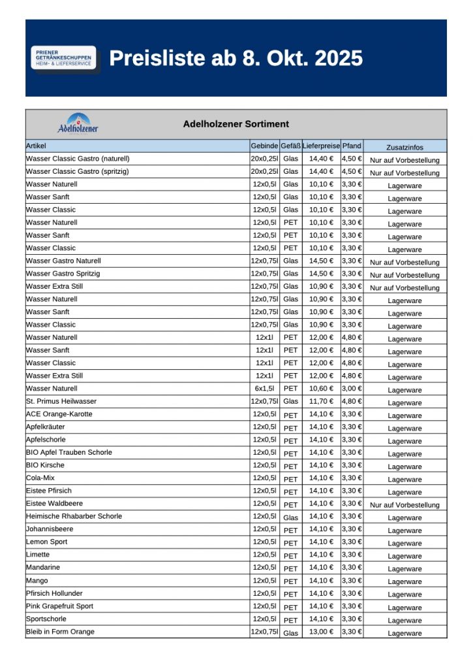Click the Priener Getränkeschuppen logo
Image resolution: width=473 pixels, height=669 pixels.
[64, 58]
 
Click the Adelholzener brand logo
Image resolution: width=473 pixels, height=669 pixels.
[78, 123]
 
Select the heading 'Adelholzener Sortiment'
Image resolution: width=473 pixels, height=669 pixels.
[236, 124]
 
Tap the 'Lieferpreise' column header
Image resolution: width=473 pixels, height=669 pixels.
[321, 146]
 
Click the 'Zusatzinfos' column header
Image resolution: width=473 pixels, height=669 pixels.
[404, 147]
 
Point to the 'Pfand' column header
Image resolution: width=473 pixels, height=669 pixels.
[352, 146]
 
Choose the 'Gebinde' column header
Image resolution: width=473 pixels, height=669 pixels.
[264, 146]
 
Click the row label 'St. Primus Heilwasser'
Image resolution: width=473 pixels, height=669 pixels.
[61, 401]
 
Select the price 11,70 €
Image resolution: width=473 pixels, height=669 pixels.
[321, 401]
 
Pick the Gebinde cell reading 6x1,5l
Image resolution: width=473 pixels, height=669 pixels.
[264, 389]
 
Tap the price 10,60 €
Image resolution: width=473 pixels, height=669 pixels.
[321, 389]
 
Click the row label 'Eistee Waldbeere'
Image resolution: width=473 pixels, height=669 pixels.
[54, 504]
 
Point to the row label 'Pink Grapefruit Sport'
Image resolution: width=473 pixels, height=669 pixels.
[59, 606]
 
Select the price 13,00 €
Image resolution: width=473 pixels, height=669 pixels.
[321, 632]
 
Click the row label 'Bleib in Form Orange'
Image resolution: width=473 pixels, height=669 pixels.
[60, 632]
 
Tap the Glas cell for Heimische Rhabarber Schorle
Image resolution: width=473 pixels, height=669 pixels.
[290, 517]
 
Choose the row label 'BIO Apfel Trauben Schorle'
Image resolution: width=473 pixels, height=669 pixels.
[69, 452]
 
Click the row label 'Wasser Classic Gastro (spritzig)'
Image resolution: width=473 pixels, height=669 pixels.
[77, 171]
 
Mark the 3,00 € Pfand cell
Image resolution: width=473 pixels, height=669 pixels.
[352, 389]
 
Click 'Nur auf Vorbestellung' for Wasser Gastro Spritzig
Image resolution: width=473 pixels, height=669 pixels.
[404, 275]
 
